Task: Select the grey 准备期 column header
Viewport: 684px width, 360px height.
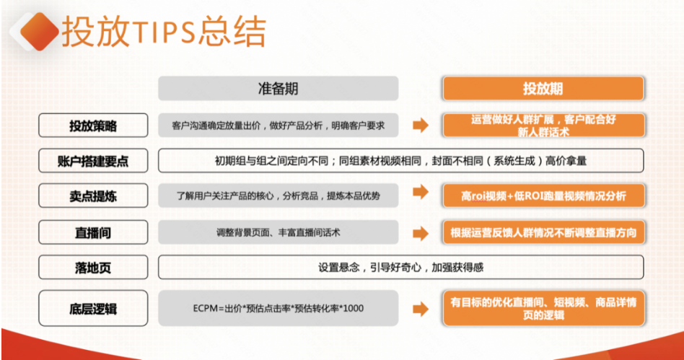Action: (x=278, y=89)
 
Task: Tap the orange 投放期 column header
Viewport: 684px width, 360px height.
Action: (x=543, y=89)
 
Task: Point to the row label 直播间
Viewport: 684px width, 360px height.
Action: (x=92, y=232)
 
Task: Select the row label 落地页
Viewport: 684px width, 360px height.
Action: (x=92, y=267)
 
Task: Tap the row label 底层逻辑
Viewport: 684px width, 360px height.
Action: (x=92, y=309)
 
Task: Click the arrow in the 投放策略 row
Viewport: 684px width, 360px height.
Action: (x=420, y=126)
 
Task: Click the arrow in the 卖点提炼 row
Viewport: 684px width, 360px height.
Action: (x=420, y=195)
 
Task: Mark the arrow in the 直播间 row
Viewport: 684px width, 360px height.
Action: (x=420, y=232)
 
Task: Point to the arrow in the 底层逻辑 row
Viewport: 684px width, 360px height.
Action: (x=420, y=309)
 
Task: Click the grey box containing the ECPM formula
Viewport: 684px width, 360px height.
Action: (x=278, y=309)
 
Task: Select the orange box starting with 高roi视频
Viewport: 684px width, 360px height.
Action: (x=543, y=195)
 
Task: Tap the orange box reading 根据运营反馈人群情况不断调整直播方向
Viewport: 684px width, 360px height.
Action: (x=543, y=232)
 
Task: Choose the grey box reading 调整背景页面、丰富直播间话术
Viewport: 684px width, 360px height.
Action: (x=278, y=232)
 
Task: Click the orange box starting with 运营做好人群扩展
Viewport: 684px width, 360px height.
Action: (x=543, y=126)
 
